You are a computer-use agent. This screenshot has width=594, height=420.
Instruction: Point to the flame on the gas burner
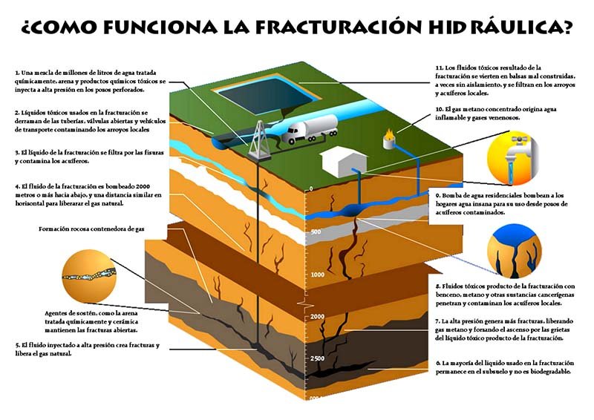click(388, 135)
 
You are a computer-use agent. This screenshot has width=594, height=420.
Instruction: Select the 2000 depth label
click(318, 317)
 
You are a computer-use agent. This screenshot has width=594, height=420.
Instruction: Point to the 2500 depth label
click(318, 359)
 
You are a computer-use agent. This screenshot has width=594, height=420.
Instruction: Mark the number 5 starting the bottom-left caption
click(17, 346)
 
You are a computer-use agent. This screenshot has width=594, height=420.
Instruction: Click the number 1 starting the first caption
click(16, 72)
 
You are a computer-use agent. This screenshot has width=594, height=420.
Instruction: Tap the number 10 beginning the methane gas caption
click(439, 108)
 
